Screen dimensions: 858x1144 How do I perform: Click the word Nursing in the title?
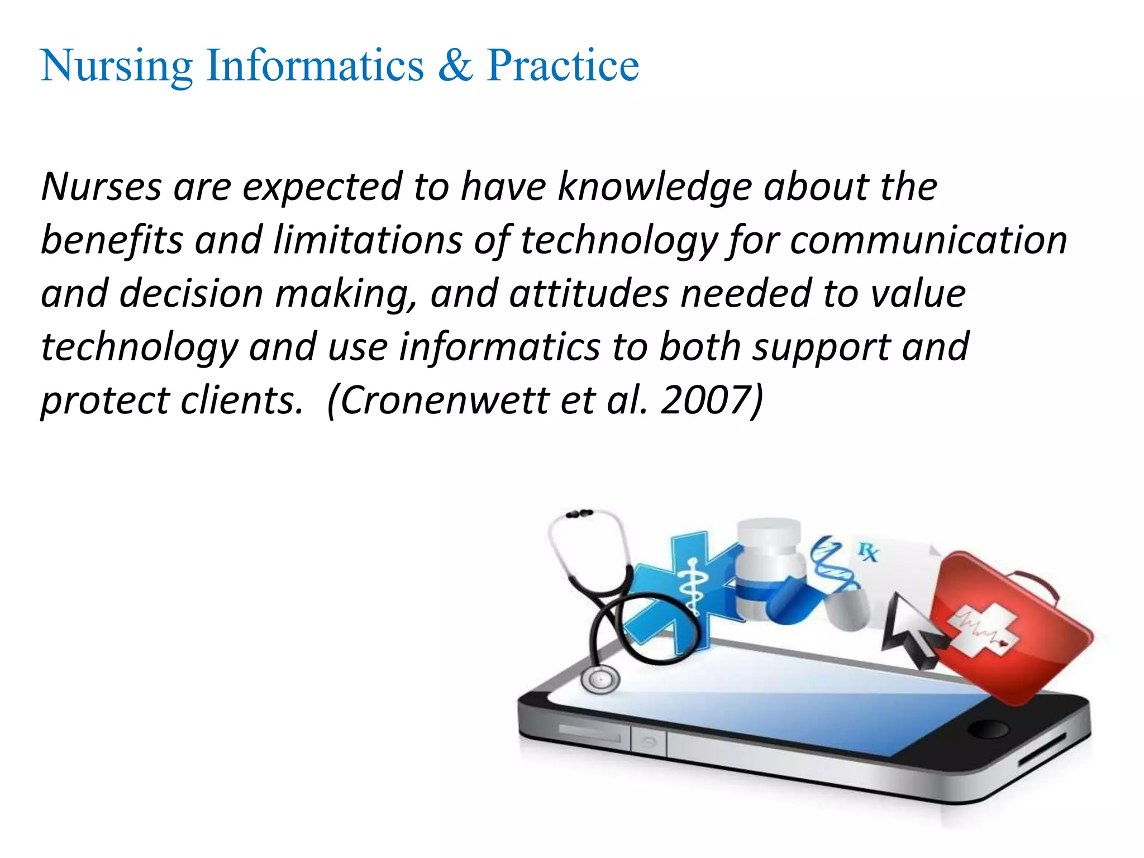coord(116,66)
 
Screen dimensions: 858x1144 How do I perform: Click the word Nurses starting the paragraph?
coord(101,187)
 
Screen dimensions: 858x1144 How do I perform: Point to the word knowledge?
coord(654,187)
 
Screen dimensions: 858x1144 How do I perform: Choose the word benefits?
coord(111,240)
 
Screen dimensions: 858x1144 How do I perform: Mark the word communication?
coord(928,240)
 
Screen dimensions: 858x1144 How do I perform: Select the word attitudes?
coord(589,294)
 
